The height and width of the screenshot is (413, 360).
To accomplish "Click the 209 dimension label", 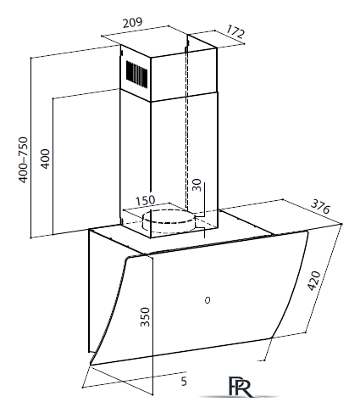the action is pos(132,23).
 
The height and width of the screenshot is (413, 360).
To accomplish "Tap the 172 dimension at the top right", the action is pos(235,31).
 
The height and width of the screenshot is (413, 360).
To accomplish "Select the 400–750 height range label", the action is pos(23,159).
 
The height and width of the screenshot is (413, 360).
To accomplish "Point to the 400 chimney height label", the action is pos(45,159).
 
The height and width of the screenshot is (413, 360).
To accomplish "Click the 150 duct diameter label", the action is pos(146,200).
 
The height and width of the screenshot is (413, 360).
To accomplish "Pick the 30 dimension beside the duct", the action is pos(197,185).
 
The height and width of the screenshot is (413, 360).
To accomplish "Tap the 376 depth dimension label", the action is pos(320,207).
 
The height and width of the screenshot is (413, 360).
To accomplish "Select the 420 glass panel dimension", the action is pos(314,281).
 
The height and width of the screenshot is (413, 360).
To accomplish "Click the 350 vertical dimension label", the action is pos(145,316).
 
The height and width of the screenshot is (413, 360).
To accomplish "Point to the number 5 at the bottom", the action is pos(184,382).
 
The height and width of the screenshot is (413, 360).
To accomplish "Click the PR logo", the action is pos(240,387).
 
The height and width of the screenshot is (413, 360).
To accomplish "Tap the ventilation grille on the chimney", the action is pos(136,73).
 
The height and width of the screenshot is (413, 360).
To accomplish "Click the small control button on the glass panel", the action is pos(208,300).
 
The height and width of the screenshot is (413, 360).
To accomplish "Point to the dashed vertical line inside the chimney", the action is pos(186,127).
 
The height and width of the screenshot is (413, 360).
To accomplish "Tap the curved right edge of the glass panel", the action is pos(294,286).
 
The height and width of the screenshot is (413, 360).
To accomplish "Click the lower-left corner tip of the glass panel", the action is pos(91,365).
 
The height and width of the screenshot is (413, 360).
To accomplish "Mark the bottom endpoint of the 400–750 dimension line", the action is pos(30,237).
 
